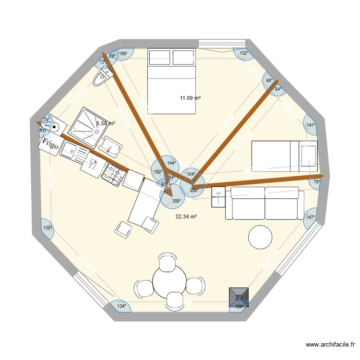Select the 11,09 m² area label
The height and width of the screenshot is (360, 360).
point(190,98)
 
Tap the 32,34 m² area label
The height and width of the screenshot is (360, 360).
point(186,217)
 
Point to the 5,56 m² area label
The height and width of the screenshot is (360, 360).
point(105,123)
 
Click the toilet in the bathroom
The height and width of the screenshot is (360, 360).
point(103,77)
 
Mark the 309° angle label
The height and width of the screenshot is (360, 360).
point(176,202)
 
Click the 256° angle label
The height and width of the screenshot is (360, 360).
point(194,190)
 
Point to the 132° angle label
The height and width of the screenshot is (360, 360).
point(244,53)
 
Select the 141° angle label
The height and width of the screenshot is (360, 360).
point(311,125)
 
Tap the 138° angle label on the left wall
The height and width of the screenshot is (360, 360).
point(47,228)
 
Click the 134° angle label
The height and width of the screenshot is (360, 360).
point(121,306)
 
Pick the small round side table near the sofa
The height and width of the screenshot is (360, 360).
point(260,237)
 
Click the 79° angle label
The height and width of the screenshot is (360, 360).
point(316,182)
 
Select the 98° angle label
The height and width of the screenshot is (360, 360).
point(269,81)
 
